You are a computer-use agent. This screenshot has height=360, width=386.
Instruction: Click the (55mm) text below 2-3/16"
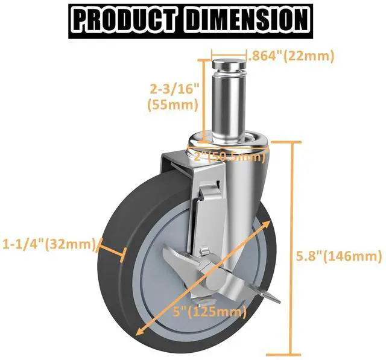click(172, 104)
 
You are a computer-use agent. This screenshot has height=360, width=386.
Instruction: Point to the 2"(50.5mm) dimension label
click(230, 157)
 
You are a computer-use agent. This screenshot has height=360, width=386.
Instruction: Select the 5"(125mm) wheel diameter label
click(204, 312)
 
